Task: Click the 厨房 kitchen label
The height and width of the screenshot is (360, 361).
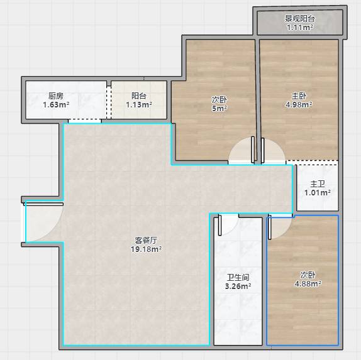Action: (56, 95)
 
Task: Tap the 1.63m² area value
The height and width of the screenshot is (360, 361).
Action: (56, 105)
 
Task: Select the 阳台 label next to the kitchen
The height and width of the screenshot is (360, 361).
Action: (139, 95)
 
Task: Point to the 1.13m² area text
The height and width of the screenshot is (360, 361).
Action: (139, 105)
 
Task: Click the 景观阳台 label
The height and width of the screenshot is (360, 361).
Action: (300, 18)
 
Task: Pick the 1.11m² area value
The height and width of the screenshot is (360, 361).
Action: (300, 28)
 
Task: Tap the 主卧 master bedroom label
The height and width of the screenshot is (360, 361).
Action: (299, 95)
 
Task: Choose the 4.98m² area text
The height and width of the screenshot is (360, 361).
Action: (299, 105)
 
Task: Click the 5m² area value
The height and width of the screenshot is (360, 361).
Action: (219, 109)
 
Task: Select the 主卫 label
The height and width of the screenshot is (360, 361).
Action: (318, 184)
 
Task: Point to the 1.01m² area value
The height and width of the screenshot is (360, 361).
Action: (318, 193)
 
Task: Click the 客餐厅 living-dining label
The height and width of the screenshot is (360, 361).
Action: (146, 241)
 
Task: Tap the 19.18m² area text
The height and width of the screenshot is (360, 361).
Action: (146, 249)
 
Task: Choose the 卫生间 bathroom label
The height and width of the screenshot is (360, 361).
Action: (238, 278)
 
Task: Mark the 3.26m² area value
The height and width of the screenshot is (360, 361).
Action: (238, 286)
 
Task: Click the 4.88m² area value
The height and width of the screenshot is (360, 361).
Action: (308, 284)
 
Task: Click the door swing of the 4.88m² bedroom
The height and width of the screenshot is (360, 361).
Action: (286, 232)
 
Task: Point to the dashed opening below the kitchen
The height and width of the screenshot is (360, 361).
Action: (85, 119)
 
